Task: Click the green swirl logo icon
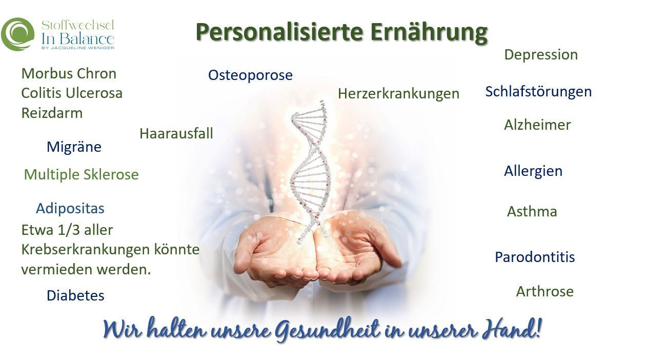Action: pyautogui.click(x=17, y=34)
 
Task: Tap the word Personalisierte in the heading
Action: pyautogui.click(x=279, y=32)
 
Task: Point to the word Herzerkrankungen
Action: pyautogui.click(x=398, y=94)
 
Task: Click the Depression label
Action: pyautogui.click(x=541, y=55)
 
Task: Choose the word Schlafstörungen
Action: pyautogui.click(x=538, y=92)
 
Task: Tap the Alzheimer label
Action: pyautogui.click(x=537, y=125)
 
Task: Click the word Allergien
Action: pyautogui.click(x=533, y=171)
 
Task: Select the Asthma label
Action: pyautogui.click(x=532, y=211)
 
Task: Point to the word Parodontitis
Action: pyautogui.click(x=535, y=257)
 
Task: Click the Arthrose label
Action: pyautogui.click(x=545, y=291)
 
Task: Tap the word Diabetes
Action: pyautogui.click(x=75, y=295)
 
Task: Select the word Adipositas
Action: pyautogui.click(x=70, y=208)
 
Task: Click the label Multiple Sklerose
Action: pyautogui.click(x=81, y=174)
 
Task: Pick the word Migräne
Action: pyautogui.click(x=74, y=147)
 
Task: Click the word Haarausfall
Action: pyautogui.click(x=176, y=133)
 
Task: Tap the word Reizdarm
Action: pyautogui.click(x=52, y=113)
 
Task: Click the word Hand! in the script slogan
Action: pyautogui.click(x=511, y=329)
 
